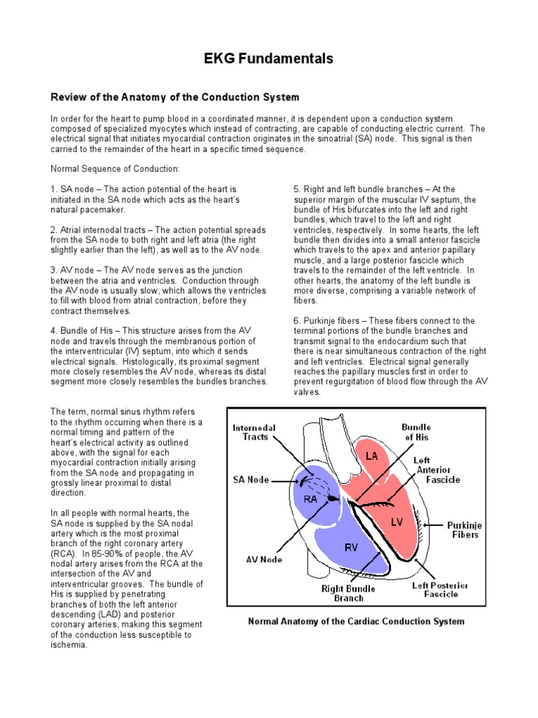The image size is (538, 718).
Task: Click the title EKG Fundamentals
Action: click(269, 59)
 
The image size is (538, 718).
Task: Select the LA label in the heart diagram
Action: click(371, 456)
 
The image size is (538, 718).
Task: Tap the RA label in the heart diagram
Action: click(310, 499)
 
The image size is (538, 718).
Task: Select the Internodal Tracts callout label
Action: click(254, 433)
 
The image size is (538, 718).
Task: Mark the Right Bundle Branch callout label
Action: click(348, 593)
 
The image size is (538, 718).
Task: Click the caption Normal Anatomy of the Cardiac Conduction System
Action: click(357, 621)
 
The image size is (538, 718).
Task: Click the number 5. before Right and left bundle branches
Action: click(297, 189)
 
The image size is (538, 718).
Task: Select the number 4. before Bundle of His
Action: click(54, 331)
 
